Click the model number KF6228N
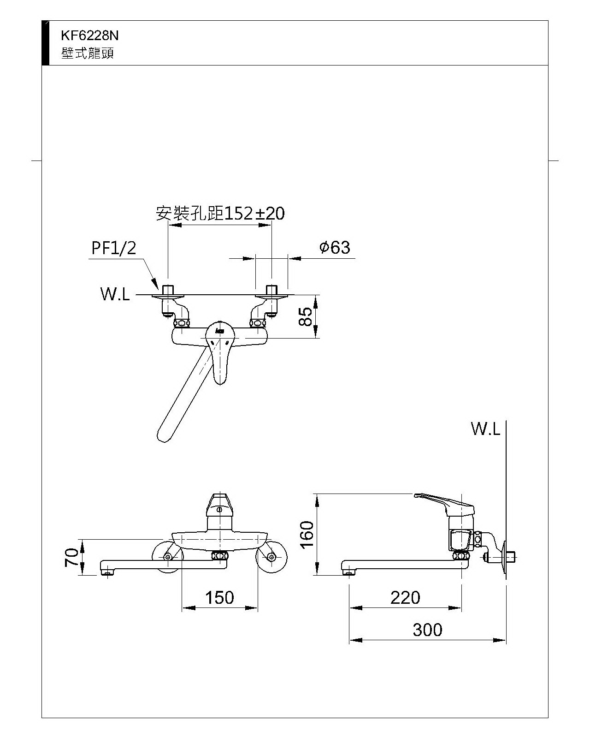tap(89, 36)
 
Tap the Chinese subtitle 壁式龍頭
tap(87, 54)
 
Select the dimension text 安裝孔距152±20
tap(220, 213)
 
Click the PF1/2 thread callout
tap(114, 248)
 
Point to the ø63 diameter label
tap(335, 248)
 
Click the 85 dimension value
tap(306, 316)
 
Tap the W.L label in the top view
tap(115, 294)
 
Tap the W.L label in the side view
tap(485, 429)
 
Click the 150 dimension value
tap(219, 598)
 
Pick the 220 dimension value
tap(405, 598)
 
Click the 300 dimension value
tap(427, 630)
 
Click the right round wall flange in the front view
tap(271, 557)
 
